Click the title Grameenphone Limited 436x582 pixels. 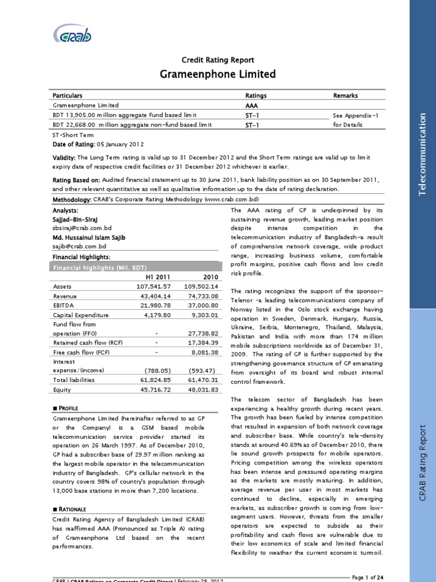click(217, 74)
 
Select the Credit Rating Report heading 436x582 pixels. click(217, 60)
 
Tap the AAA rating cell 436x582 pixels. click(251, 106)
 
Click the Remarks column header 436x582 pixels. click(345, 95)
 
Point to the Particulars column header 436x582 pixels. click(68, 95)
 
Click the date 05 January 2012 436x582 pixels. click(120, 144)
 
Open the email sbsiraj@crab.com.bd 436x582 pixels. click(79, 227)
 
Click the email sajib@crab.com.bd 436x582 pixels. click(79, 247)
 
